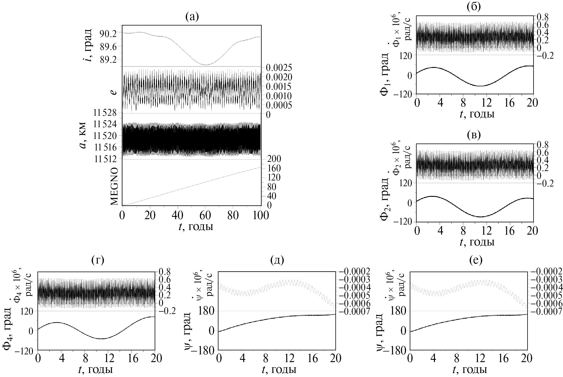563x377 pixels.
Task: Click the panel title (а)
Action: point(192,17)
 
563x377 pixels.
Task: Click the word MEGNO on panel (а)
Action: point(114,186)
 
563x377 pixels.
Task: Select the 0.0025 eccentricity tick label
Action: point(278,68)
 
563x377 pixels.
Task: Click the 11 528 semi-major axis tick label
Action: point(105,113)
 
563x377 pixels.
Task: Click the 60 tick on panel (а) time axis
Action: point(205,215)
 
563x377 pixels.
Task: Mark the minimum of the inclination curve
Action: point(205,64)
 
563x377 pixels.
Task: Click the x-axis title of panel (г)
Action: point(96,370)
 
